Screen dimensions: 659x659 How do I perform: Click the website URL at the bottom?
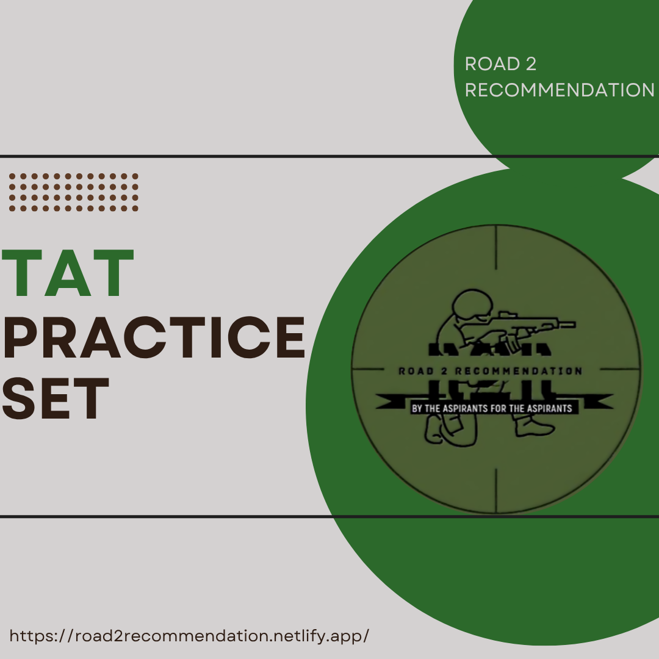(190, 635)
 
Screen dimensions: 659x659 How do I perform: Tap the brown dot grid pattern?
(74, 192)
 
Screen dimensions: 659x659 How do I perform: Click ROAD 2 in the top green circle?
(500, 64)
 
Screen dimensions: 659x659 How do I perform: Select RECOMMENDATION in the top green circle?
(560, 90)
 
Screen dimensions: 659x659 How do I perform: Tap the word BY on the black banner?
(417, 408)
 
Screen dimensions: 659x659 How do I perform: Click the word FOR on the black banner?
(499, 408)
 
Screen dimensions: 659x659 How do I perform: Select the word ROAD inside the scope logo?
(415, 371)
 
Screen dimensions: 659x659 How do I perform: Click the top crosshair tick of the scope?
(496, 247)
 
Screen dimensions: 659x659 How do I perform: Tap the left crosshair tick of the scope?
(372, 370)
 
